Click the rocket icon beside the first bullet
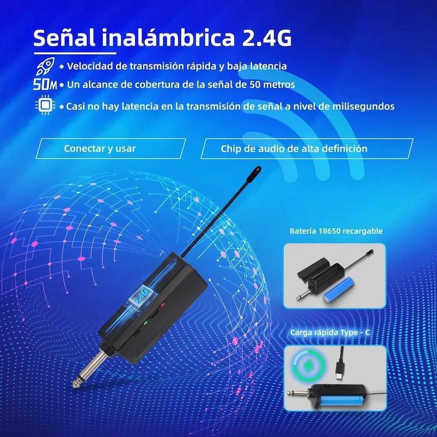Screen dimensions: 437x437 [45, 66]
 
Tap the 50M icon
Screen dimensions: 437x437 [45, 84]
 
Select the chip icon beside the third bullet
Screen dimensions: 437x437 [45, 105]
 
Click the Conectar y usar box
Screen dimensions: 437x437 [111, 149]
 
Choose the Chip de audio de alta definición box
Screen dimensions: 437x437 [307, 149]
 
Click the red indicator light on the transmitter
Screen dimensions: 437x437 [163, 304]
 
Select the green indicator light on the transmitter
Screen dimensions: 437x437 [145, 323]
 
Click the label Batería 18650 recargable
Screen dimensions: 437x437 [336, 231]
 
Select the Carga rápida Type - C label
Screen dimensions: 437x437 [330, 333]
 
